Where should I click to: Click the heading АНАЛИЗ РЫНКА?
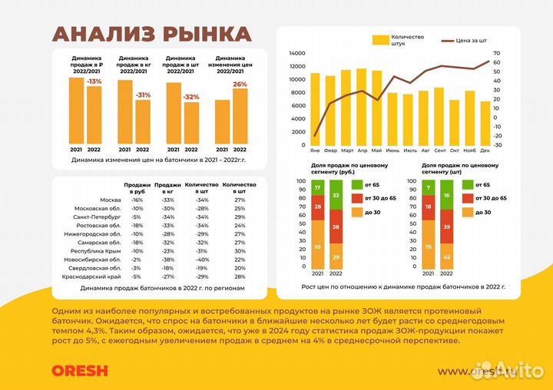point(151,34)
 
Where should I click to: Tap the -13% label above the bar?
point(94,81)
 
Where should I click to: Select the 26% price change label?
point(240,84)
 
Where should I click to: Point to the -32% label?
point(191,97)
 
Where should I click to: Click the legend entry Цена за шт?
point(472,39)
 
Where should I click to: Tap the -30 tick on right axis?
point(497,144)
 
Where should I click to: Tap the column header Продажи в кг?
point(167,188)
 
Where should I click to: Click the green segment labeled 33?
point(336,196)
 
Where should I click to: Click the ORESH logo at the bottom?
point(80,370)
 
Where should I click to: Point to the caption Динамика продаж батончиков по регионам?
point(157,289)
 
